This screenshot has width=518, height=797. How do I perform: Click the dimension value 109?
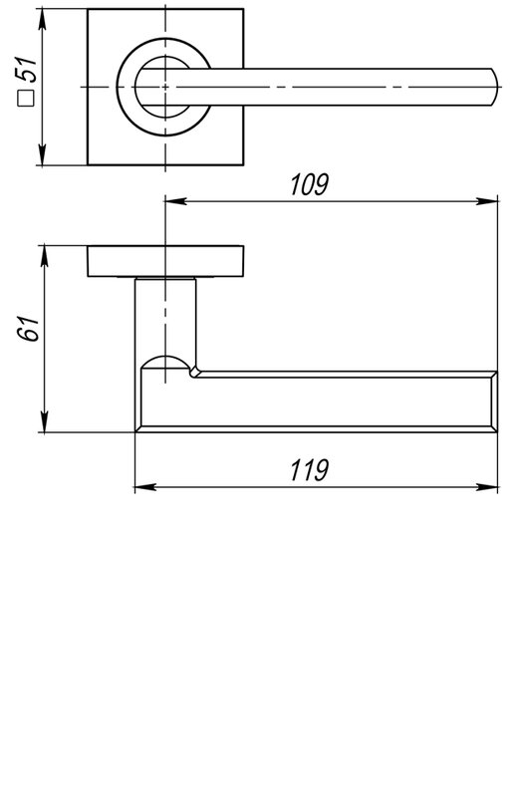309,184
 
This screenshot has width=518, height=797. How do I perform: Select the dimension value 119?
309,470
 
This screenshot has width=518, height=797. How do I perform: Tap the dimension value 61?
28,329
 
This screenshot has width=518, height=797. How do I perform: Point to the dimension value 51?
27,70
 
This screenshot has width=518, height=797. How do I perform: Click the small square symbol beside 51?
26,98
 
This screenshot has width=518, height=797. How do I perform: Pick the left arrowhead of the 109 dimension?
175,201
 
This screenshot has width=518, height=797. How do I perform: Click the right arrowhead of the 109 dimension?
487,201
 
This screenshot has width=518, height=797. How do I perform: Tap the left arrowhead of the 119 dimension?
145,487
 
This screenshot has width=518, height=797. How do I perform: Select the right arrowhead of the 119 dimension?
487,487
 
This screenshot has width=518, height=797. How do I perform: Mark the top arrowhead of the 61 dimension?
44,256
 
